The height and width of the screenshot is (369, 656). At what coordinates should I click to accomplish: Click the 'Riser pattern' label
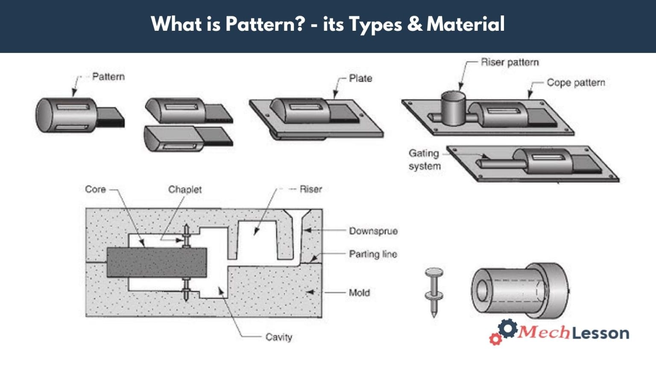tap(510, 62)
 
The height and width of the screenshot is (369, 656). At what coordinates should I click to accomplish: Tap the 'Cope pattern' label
tap(576, 82)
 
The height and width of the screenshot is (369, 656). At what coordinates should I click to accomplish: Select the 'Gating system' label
tap(424, 160)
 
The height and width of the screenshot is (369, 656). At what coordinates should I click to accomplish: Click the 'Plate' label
tap(360, 78)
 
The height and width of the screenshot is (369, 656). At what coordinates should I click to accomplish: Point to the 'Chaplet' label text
tap(184, 189)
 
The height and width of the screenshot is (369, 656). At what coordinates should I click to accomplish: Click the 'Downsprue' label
tap(373, 231)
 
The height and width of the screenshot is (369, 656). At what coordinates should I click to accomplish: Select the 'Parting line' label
tap(373, 254)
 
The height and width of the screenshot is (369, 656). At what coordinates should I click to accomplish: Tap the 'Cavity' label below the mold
tap(278, 337)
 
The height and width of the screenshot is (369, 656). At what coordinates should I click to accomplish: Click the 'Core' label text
tap(95, 189)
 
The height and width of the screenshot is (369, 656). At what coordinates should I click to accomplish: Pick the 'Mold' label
tap(359, 293)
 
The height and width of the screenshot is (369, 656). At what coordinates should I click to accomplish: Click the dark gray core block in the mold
tap(156, 262)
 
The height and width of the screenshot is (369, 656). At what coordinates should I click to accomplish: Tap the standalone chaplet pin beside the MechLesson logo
tap(434, 291)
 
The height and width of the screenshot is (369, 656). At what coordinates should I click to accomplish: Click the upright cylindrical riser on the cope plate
tap(453, 108)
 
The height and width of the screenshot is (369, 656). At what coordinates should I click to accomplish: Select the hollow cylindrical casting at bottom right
tap(518, 290)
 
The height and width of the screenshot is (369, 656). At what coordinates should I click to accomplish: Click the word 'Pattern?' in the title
tap(265, 24)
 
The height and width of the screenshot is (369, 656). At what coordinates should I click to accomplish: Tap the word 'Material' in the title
tap(466, 24)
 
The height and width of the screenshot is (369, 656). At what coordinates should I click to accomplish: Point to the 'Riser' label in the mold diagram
tap(310, 189)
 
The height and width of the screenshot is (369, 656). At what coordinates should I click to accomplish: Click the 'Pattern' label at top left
tap(108, 77)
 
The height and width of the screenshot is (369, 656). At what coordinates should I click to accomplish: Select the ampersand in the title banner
tap(414, 24)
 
